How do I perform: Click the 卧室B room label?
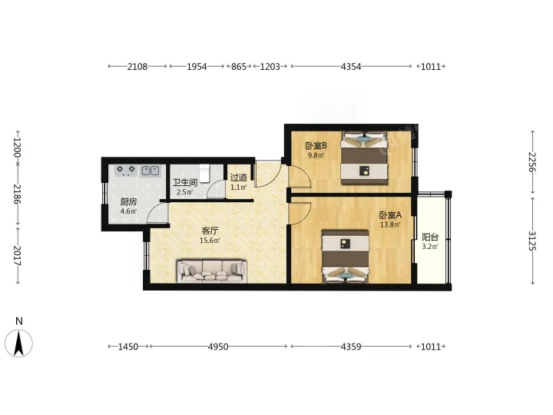tap(316, 145)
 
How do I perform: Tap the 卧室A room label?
tap(390, 215)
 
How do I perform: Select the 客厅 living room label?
tap(210, 231)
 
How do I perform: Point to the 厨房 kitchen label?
tap(128, 202)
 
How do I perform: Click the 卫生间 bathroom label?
tap(185, 182)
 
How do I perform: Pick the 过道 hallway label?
tap(238, 178)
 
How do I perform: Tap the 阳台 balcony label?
tap(430, 237)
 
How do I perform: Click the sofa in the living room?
tap(212, 271)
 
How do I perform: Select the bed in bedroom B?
tap(364, 158)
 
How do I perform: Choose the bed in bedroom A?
tap(346, 257)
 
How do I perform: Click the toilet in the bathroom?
tap(204, 173)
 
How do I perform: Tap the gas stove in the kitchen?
tap(126, 171)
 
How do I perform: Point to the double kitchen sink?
tap(151, 171)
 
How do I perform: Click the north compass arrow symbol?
tap(18, 343)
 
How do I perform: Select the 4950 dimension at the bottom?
tap(218, 347)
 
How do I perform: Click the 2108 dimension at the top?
tap(137, 66)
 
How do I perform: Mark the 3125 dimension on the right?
tap(532, 241)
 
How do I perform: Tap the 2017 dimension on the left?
tap(18, 256)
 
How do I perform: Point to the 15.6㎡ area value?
tap(210, 241)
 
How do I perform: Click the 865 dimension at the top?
tap(239, 66)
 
